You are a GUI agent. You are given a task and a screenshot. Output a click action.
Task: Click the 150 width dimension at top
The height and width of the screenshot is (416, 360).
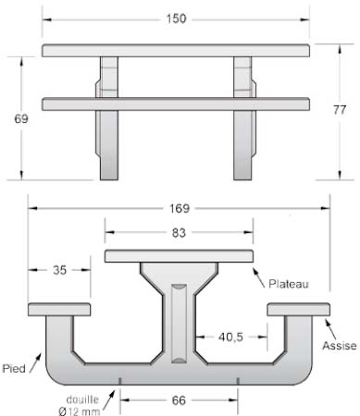point(175,18)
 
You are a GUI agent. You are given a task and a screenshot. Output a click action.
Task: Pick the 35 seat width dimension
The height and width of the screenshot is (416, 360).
point(59,271)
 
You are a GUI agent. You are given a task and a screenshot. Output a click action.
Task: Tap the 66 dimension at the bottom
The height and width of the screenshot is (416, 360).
point(180,400)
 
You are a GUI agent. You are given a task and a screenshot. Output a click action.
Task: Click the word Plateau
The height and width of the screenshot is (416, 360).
point(288,283)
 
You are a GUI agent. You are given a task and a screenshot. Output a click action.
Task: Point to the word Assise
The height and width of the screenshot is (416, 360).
point(339,345)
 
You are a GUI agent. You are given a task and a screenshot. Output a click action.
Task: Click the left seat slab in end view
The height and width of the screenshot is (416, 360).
point(59,308)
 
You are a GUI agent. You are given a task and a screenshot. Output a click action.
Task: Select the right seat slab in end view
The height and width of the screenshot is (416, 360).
point(298,308)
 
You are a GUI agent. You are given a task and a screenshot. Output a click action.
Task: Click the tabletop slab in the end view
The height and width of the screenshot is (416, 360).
point(180,255)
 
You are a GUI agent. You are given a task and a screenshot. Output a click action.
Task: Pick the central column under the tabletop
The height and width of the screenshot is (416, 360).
point(180,314)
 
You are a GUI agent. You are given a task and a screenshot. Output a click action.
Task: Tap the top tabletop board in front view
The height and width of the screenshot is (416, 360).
point(175,50)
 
